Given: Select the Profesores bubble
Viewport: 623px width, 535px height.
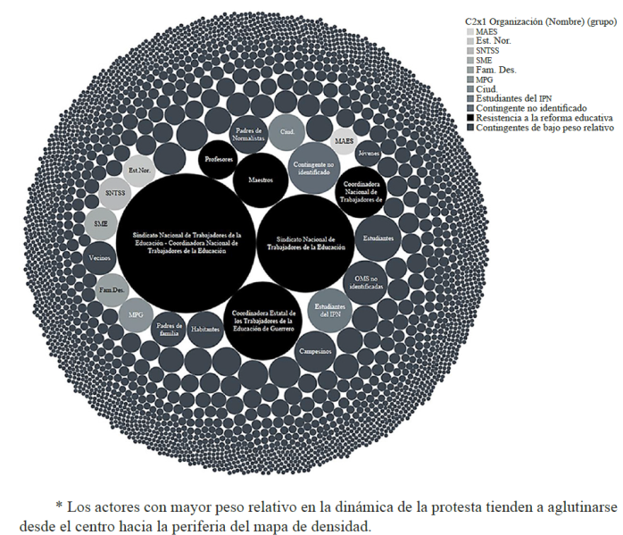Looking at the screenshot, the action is click(x=218, y=159).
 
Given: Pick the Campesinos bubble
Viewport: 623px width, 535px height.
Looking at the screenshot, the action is click(x=316, y=351).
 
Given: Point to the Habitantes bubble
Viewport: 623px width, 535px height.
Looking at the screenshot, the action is click(x=204, y=329).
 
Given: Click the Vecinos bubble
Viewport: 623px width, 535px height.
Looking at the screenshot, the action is click(x=101, y=258).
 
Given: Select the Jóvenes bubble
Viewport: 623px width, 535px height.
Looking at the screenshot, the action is click(x=368, y=153).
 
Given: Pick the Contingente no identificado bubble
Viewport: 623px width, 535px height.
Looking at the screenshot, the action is click(x=313, y=163).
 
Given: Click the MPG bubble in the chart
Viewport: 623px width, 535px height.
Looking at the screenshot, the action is click(x=135, y=314).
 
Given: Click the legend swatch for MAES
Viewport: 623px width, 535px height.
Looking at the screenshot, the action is click(x=470, y=31).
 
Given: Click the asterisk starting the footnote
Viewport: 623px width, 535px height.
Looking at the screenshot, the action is click(x=59, y=505).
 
